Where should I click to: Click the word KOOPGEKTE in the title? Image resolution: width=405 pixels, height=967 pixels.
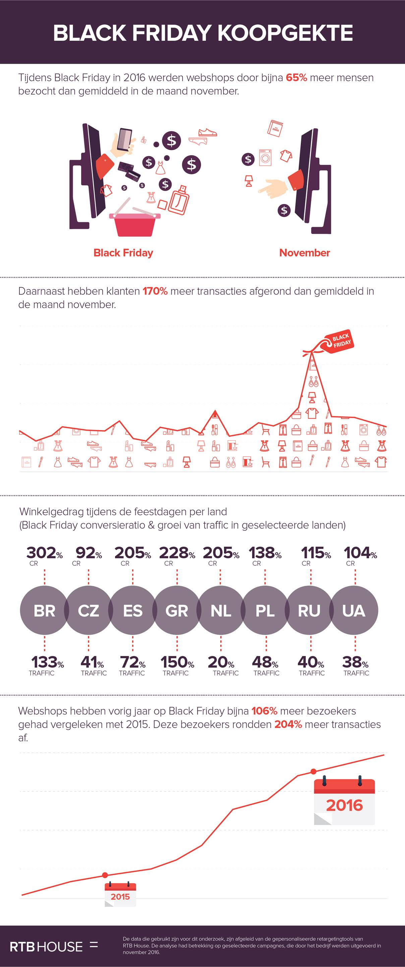point(285,33)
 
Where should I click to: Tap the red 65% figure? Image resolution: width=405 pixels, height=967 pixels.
point(296,78)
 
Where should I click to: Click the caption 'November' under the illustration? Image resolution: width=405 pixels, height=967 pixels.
point(304,253)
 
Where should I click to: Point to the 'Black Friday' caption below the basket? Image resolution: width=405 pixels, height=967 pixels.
point(123,253)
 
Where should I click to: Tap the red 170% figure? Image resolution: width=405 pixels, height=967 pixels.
point(155,291)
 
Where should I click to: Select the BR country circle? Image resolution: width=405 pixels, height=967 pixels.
point(44,610)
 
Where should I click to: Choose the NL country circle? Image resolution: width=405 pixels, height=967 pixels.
point(221,610)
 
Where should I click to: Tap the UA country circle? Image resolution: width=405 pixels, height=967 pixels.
point(354,610)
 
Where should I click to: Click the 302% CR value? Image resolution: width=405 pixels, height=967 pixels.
point(44,553)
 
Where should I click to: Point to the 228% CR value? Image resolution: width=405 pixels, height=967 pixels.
point(177,553)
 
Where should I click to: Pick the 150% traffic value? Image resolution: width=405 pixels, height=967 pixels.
point(177,662)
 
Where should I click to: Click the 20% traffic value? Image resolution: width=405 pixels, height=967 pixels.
point(221,662)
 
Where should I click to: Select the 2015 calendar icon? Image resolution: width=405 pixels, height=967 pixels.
point(120,894)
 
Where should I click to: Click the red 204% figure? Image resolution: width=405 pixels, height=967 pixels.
point(288,724)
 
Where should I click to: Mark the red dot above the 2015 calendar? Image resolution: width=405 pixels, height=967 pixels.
point(105,875)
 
